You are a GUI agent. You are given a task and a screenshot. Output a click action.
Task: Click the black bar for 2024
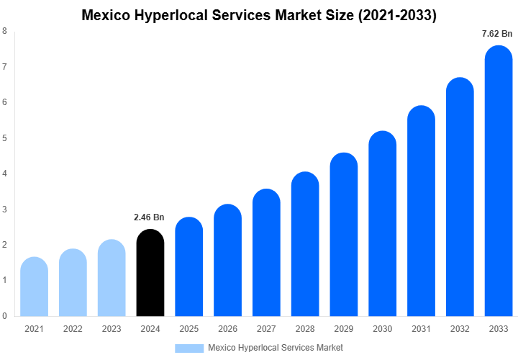[x=150, y=273]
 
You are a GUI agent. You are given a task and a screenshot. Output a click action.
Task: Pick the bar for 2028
[x=305, y=244]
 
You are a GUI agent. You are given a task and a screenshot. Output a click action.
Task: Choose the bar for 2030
[x=383, y=224]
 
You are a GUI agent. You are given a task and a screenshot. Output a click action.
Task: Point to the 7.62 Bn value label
[x=497, y=33]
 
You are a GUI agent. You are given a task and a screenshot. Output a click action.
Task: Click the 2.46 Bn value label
[x=149, y=217]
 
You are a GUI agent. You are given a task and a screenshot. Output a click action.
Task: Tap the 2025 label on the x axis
[x=188, y=329]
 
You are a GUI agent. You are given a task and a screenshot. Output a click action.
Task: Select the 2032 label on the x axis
[x=460, y=329]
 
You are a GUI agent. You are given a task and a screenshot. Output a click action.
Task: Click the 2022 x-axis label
[x=73, y=329]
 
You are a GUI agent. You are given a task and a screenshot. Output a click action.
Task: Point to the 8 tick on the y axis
[x=5, y=31]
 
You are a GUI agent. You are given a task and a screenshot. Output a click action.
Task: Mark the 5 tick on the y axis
[x=5, y=138]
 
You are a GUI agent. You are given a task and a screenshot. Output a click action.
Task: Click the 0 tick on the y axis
[x=5, y=315]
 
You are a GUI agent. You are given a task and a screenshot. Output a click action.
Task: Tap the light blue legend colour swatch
[x=189, y=348]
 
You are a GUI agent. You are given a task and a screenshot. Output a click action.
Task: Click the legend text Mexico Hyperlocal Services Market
[x=276, y=348]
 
